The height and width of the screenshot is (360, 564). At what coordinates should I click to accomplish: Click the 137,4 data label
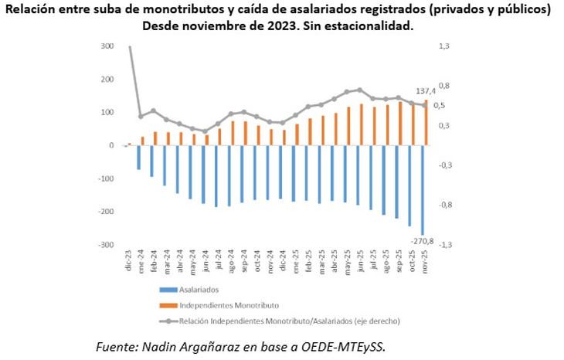[x=426, y=91]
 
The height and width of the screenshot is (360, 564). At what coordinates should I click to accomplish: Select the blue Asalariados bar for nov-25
[x=422, y=190]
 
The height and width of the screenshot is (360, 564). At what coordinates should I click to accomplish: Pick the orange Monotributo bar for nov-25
[x=426, y=122]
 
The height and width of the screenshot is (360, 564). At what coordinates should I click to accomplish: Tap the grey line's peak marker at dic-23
[x=129, y=46]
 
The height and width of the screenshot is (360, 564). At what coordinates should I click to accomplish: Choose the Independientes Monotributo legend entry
[x=225, y=304]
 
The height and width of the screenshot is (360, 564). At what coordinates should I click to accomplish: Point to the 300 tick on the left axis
[x=107, y=46]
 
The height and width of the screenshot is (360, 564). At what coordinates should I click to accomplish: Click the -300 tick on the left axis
[x=106, y=244]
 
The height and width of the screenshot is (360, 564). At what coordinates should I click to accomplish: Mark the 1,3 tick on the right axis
[x=446, y=46]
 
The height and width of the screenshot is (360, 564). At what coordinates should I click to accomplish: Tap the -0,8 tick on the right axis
[x=446, y=205]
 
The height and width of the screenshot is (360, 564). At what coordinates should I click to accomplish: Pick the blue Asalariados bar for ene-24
[x=139, y=158]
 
